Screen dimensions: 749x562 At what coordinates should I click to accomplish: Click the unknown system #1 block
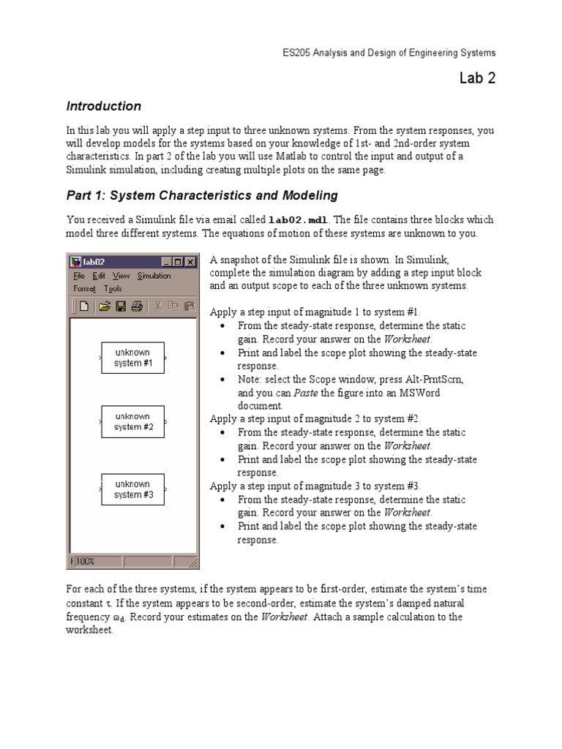(x=132, y=358)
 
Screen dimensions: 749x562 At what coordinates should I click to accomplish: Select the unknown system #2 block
(x=132, y=421)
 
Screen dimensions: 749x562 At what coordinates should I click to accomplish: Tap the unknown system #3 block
(x=132, y=489)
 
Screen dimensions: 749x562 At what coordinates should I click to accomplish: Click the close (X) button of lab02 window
(x=190, y=262)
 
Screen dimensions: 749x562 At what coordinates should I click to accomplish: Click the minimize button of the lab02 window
(x=166, y=262)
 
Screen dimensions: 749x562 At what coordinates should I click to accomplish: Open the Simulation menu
(x=154, y=276)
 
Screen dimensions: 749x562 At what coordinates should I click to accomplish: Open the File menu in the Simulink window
(x=79, y=276)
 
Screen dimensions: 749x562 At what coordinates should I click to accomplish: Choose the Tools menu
(x=113, y=288)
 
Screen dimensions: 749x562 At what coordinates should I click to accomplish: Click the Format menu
(x=84, y=288)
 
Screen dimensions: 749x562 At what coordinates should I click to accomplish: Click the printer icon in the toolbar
(x=136, y=306)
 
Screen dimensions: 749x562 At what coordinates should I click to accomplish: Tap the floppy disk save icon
(x=121, y=306)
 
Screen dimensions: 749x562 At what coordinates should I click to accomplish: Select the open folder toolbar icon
(x=105, y=306)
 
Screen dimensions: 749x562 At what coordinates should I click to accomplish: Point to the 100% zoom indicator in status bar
(x=85, y=561)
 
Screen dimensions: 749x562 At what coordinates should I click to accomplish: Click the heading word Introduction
(x=103, y=106)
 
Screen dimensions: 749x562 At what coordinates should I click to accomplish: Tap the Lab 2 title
(x=477, y=78)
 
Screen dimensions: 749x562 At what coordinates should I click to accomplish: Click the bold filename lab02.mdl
(x=299, y=219)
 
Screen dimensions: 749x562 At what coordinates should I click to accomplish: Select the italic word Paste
(x=305, y=393)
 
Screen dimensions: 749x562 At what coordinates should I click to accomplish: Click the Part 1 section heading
(x=202, y=195)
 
